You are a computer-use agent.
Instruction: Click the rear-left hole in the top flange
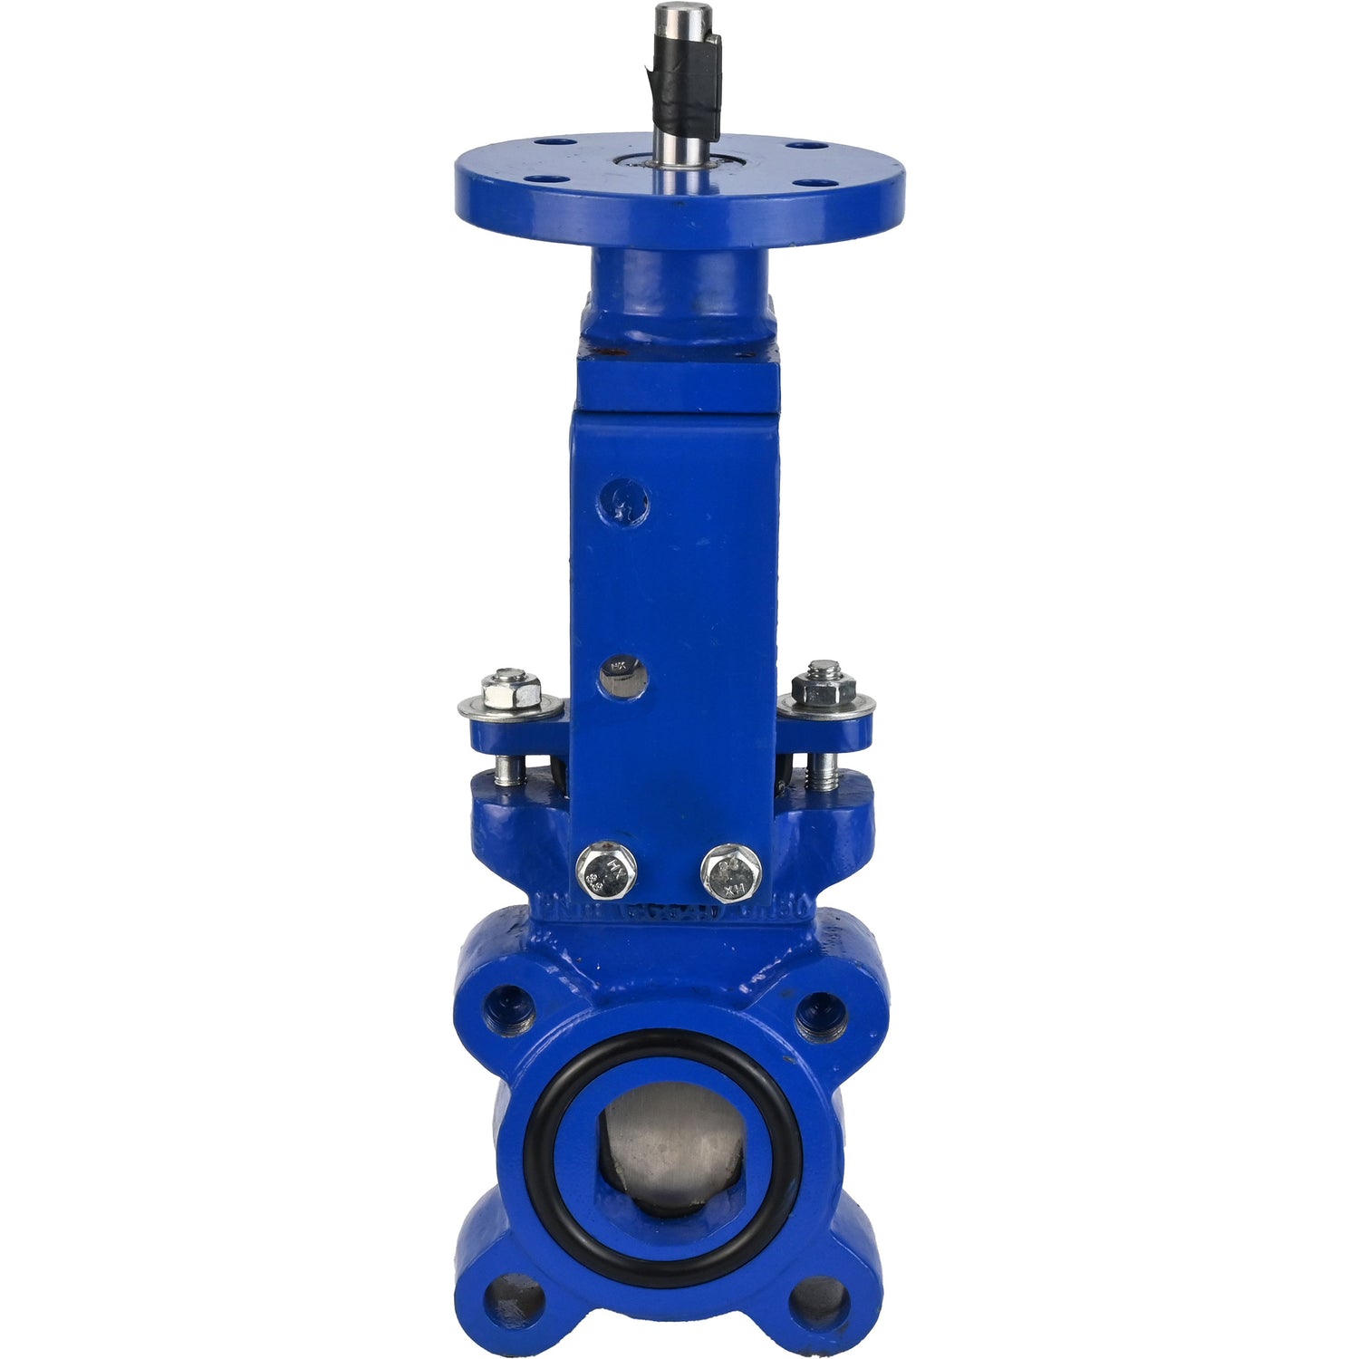point(545,142)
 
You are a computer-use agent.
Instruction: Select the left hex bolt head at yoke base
point(606,870)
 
